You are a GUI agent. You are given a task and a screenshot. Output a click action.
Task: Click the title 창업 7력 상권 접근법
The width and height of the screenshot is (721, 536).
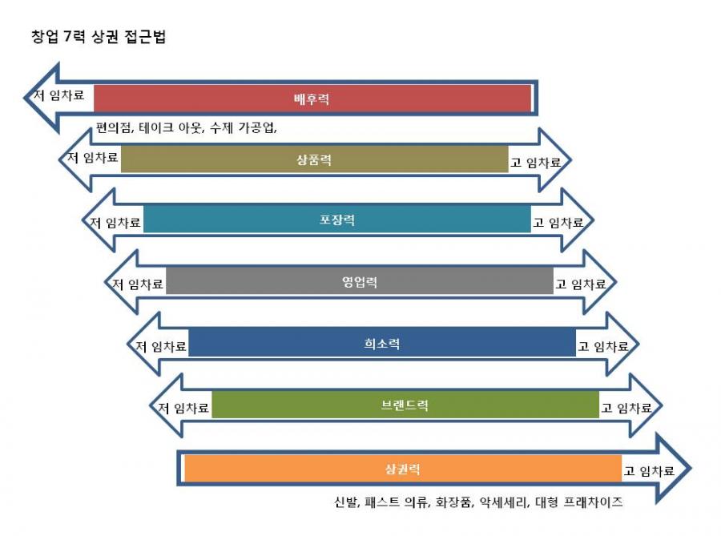point(99,36)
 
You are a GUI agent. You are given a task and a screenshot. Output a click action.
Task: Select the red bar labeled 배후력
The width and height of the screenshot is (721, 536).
point(312,99)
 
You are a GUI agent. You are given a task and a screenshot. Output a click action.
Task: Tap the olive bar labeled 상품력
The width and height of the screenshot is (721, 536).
point(315,159)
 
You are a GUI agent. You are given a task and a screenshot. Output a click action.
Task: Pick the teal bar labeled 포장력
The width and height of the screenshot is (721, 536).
point(337,220)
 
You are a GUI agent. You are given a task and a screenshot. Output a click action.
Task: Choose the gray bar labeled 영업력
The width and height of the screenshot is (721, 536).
point(360,281)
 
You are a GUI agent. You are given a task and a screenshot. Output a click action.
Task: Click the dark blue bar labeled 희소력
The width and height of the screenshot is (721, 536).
point(382,343)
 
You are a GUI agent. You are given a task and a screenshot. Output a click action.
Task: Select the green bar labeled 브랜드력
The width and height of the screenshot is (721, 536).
point(405,405)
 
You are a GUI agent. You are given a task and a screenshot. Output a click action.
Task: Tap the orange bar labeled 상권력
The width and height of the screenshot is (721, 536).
point(403,469)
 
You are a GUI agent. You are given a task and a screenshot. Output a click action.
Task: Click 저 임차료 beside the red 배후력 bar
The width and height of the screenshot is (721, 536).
point(59,95)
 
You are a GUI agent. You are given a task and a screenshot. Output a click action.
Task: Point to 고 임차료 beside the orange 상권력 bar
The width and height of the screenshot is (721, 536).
point(649,471)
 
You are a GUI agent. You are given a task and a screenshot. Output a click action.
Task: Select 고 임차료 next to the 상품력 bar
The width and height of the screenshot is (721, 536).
point(536,163)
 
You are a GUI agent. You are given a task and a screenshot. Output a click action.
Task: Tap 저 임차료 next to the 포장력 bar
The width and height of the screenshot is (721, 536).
point(115,223)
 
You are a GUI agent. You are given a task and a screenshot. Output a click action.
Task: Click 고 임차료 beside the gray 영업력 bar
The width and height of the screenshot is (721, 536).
point(581,284)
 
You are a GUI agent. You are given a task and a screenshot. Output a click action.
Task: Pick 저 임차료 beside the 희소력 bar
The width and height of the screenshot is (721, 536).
point(160,346)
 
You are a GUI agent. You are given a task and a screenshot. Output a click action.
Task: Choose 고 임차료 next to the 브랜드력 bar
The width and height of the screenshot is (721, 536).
point(626,408)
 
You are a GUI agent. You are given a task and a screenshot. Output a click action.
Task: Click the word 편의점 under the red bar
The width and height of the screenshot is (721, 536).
point(113,127)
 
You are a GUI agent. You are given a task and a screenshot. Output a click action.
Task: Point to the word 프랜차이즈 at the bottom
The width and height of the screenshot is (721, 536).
point(593,502)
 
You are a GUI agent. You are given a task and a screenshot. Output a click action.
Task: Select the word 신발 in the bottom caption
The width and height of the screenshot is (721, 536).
point(346,502)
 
